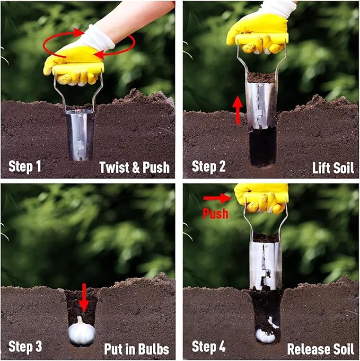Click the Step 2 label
pos(209,166)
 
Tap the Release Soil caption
pos(320,349)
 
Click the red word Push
pos(215,214)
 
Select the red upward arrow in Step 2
pos(238,110)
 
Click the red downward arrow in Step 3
pos(83,298)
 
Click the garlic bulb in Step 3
pos(82,331)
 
